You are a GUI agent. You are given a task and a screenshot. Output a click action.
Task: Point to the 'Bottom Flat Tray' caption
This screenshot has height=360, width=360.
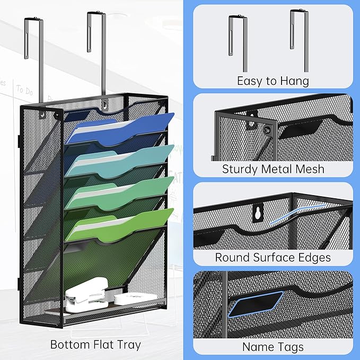(x=95, y=345)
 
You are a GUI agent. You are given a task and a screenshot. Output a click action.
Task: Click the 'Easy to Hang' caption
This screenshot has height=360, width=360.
(x=273, y=81)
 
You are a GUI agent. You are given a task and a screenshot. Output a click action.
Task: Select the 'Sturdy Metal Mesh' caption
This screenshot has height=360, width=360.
(x=273, y=170)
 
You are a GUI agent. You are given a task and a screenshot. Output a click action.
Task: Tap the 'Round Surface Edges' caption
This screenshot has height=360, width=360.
(x=273, y=258)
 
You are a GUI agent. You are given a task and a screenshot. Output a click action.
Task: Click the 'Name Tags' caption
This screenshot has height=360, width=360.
(x=273, y=347)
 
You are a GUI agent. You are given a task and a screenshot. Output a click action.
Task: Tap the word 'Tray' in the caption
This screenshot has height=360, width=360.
(x=128, y=345)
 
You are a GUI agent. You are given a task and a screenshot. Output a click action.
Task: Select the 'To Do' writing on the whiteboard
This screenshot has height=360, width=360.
(x=24, y=90)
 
